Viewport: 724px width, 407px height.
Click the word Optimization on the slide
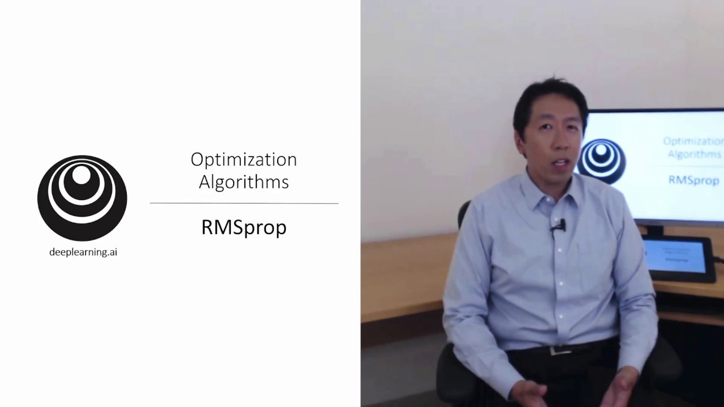click(244, 160)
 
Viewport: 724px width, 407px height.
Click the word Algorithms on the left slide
click(244, 182)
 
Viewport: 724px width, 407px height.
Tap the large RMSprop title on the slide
click(244, 227)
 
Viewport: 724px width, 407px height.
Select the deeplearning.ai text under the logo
click(83, 252)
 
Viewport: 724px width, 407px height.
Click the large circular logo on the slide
click(82, 198)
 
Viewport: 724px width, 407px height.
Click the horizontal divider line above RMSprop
click(244, 203)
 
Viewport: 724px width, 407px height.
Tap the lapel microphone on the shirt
click(558, 227)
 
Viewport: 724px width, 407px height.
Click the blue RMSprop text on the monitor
click(693, 180)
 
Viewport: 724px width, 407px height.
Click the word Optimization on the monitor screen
click(693, 141)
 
